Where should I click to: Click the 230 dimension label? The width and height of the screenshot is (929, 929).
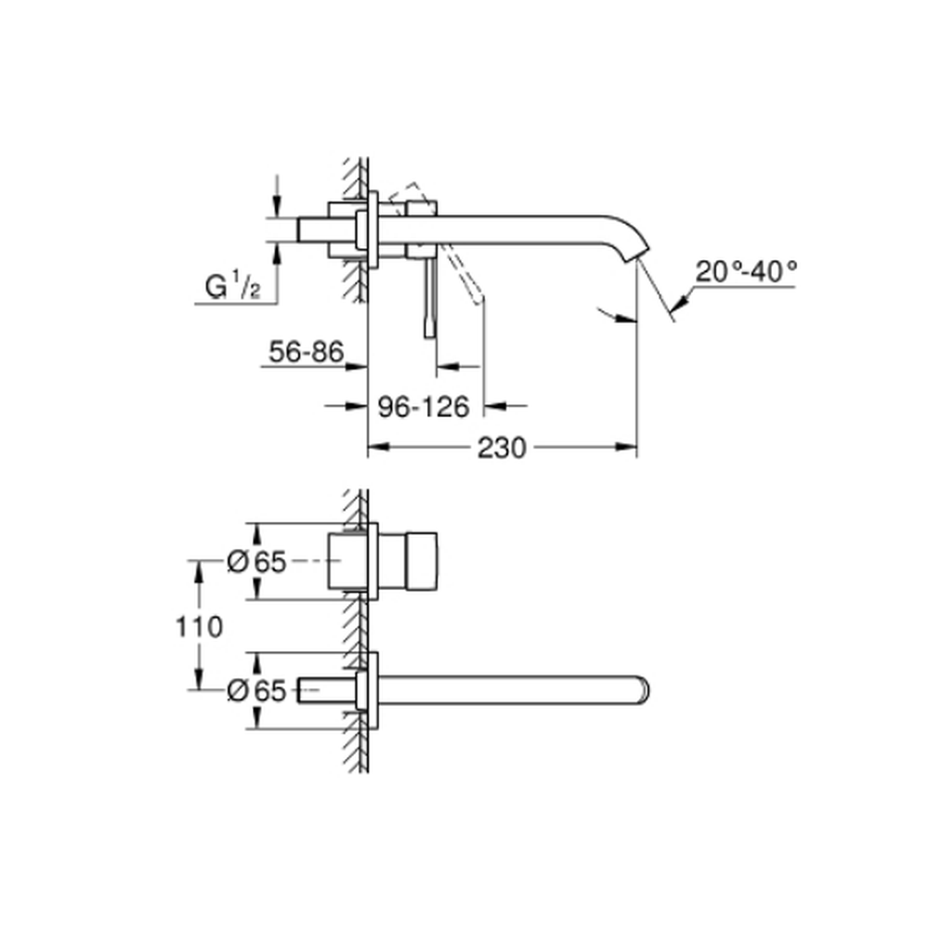click(502, 448)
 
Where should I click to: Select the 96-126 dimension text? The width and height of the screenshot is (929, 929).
click(424, 407)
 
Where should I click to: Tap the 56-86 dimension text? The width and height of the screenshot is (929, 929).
click(307, 351)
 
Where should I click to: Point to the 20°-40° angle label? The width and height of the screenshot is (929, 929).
click(746, 271)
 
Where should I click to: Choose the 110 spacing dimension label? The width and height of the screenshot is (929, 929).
click(199, 626)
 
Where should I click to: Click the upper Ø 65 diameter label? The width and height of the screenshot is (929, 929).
click(256, 561)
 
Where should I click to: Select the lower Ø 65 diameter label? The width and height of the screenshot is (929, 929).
click(256, 690)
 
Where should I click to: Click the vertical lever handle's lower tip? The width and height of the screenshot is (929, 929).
click(430, 336)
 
